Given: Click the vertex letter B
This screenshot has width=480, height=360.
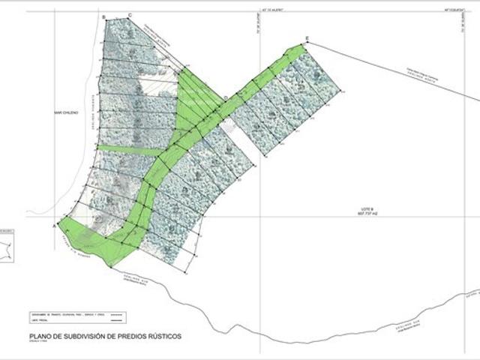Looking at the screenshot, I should pos(103,16).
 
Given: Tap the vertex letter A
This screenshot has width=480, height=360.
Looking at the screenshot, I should pos(54,223).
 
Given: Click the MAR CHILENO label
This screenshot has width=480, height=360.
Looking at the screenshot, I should pos(56,113).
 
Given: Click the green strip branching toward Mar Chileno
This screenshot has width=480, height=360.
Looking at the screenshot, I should pos(127,150).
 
